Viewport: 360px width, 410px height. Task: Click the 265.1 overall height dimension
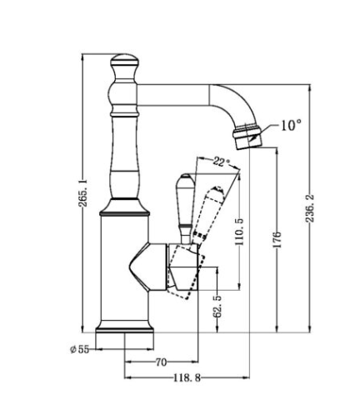pyautogui.click(x=82, y=192)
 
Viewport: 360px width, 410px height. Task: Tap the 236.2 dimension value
pyautogui.click(x=310, y=208)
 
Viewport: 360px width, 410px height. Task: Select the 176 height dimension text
pyautogui.click(x=277, y=239)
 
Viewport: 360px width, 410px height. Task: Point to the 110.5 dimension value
pyautogui.click(x=239, y=232)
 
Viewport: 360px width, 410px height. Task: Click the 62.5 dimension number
pyautogui.click(x=217, y=306)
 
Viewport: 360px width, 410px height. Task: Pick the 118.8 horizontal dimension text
pyautogui.click(x=187, y=377)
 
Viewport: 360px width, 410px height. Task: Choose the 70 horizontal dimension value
pyautogui.click(x=161, y=362)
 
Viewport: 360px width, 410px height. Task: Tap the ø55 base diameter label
pyautogui.click(x=80, y=349)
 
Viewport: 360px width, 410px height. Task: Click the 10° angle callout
pyautogui.click(x=291, y=125)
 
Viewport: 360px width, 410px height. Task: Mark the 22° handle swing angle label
pyautogui.click(x=222, y=162)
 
